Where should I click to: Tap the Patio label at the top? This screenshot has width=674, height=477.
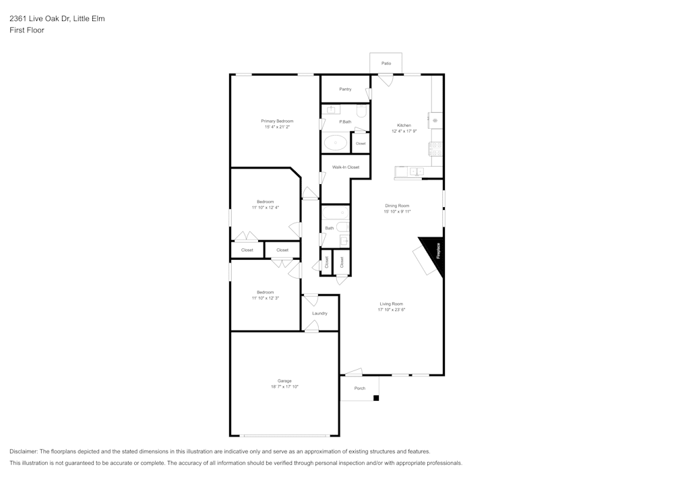point(386,63)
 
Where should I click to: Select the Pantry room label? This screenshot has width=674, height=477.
point(345,89)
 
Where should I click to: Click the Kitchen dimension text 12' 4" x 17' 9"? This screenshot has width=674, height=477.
point(404,131)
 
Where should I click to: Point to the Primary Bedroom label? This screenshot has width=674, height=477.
point(277,121)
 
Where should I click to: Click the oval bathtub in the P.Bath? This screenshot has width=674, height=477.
point(335,142)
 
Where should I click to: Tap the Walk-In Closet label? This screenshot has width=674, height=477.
point(345,167)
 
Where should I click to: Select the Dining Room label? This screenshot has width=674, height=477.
point(397,206)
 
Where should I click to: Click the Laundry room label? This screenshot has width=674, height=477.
point(319,313)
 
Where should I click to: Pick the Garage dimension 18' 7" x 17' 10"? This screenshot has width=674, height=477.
point(284,387)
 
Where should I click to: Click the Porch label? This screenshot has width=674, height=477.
point(360,388)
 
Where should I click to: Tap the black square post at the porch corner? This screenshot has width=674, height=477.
point(376,398)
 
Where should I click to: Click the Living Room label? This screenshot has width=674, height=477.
point(391,304)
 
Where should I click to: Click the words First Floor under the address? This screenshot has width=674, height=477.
point(27,30)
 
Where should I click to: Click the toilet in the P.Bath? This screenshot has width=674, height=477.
point(361,110)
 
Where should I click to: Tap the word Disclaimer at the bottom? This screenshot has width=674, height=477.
point(24,451)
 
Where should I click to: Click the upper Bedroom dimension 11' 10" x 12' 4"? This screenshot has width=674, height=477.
point(265,207)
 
